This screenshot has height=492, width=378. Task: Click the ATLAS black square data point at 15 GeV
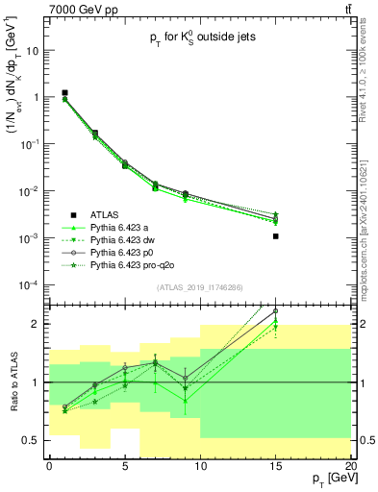coord(276,235)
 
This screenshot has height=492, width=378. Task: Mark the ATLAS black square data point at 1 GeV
coord(64,93)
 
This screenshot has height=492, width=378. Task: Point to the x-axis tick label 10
coord(200,468)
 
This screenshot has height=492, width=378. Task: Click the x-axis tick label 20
coord(351,468)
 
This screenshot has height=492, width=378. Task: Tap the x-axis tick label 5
coord(125,468)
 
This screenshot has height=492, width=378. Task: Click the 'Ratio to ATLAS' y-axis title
coord(13,382)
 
